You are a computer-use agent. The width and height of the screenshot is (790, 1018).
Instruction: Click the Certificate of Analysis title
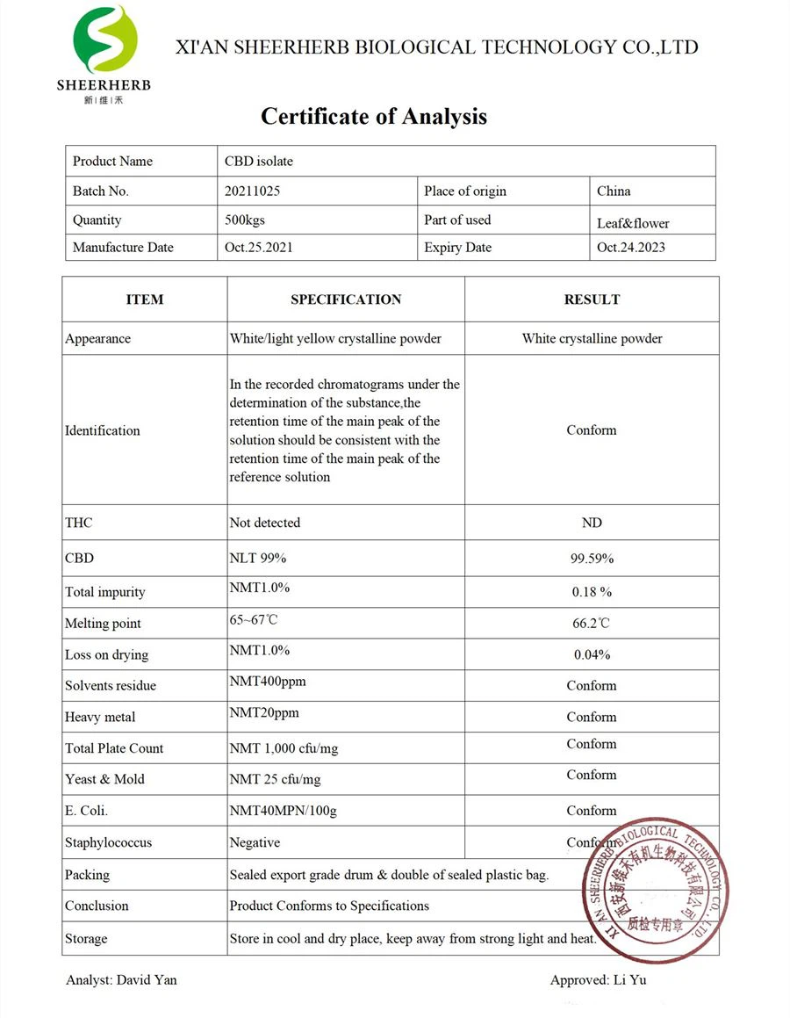click(373, 116)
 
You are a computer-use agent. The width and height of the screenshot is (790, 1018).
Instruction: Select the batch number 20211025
click(252, 191)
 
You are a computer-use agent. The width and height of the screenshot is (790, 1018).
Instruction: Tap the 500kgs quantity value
click(247, 220)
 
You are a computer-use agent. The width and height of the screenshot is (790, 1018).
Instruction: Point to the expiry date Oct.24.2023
click(631, 248)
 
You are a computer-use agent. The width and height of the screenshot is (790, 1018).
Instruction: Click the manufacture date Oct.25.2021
click(258, 248)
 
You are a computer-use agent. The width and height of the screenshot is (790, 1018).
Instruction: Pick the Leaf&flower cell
click(633, 223)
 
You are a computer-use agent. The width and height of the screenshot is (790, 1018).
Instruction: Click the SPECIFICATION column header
click(346, 300)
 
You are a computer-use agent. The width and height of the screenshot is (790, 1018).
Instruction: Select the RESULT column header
click(592, 300)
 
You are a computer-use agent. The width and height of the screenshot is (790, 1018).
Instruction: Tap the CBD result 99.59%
click(592, 559)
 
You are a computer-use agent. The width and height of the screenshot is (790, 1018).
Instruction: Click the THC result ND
click(592, 523)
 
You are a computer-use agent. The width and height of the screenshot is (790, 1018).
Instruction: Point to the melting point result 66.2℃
click(592, 624)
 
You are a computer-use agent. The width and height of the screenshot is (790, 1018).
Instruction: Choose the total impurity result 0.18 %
click(592, 592)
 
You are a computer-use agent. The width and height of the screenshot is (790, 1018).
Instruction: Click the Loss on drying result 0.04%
click(592, 654)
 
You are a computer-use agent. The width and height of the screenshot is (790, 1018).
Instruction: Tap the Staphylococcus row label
click(108, 842)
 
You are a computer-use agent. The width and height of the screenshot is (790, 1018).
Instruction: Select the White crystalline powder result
click(592, 338)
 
